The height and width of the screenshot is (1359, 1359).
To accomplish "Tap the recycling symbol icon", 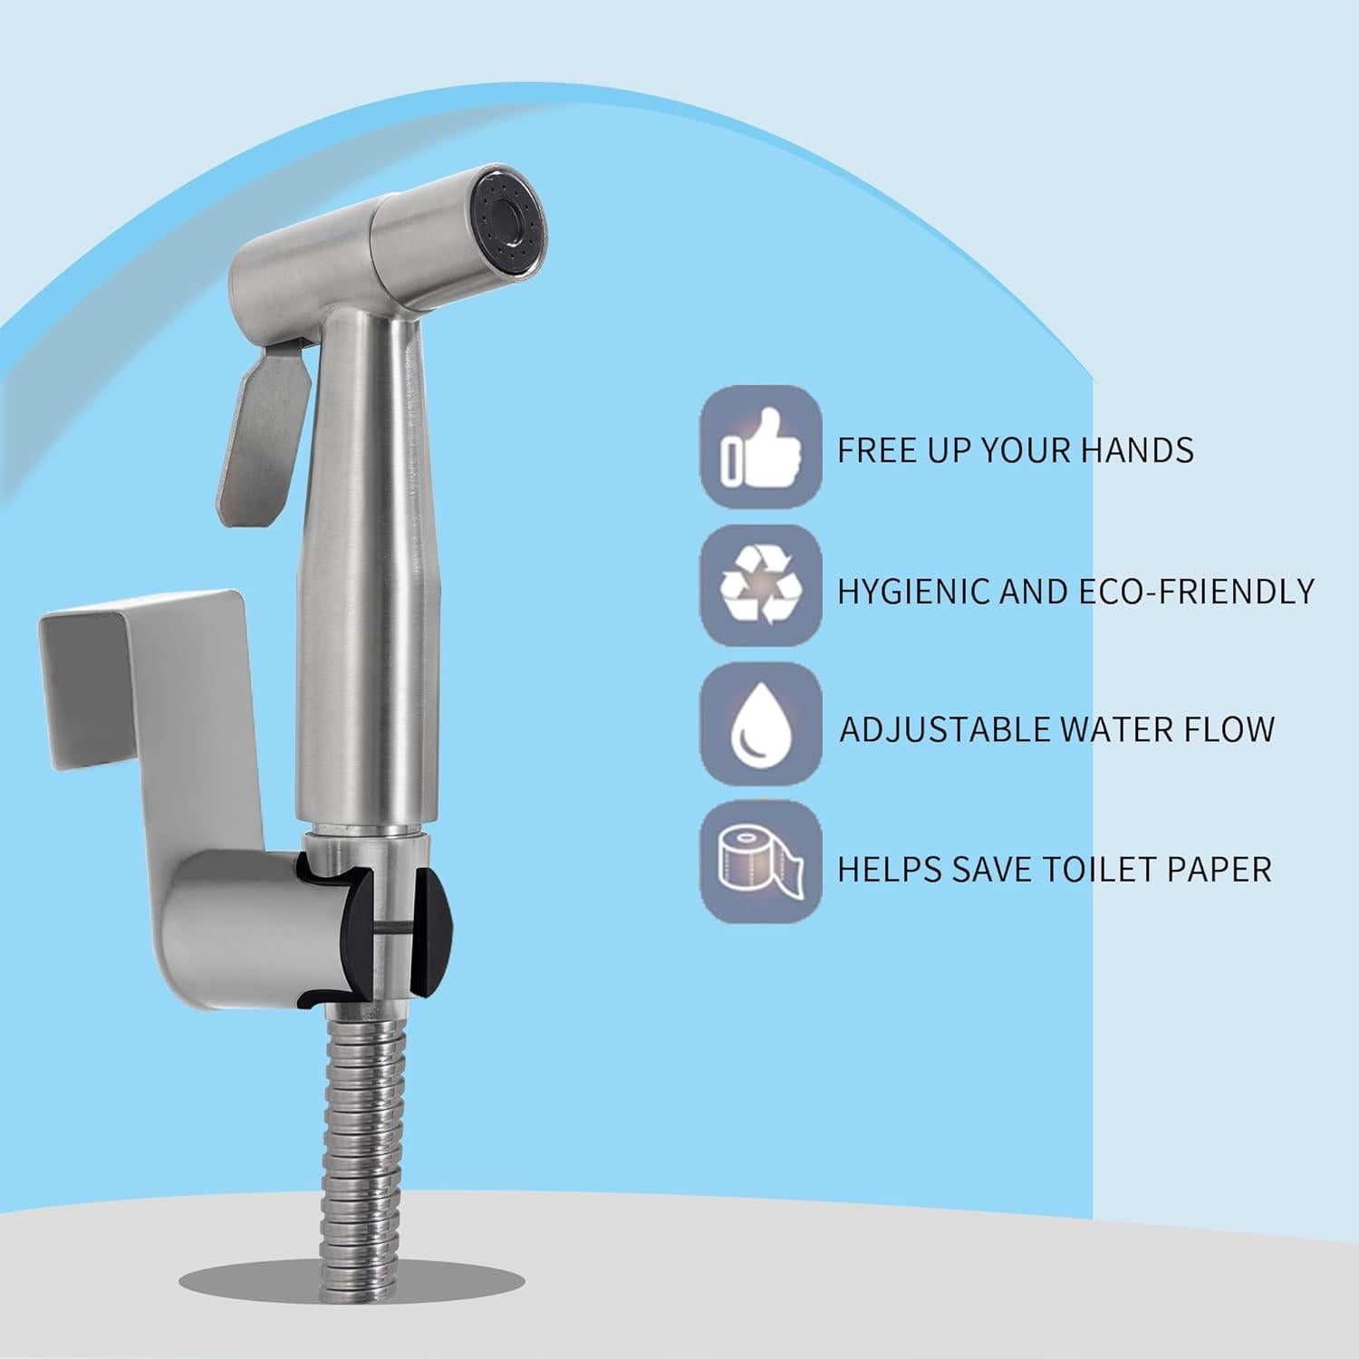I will coord(761,585).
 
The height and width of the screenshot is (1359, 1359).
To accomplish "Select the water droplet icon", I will coord(761,724).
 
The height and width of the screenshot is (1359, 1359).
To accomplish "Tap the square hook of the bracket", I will coord(136,670).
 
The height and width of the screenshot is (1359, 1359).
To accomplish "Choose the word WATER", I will coord(1098,729).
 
